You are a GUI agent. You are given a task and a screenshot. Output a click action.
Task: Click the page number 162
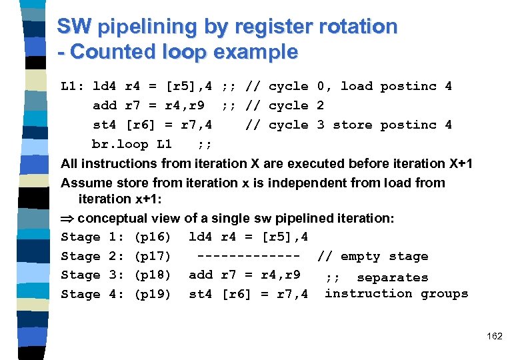click(495, 336)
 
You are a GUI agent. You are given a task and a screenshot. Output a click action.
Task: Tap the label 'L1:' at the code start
click(73, 86)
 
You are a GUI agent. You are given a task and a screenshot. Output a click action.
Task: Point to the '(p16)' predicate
click(153, 237)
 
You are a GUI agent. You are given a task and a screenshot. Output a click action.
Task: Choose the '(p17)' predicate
click(153, 256)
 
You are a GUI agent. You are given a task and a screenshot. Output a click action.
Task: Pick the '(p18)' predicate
click(153, 275)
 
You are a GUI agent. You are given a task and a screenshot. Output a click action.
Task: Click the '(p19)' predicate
click(153, 294)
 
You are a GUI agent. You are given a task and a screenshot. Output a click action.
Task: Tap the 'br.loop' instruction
click(120, 144)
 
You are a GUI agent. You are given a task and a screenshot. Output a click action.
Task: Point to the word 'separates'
click(393, 277)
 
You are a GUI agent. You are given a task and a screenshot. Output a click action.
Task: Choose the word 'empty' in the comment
click(361, 256)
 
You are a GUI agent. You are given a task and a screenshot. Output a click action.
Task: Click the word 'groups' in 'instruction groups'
click(444, 293)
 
